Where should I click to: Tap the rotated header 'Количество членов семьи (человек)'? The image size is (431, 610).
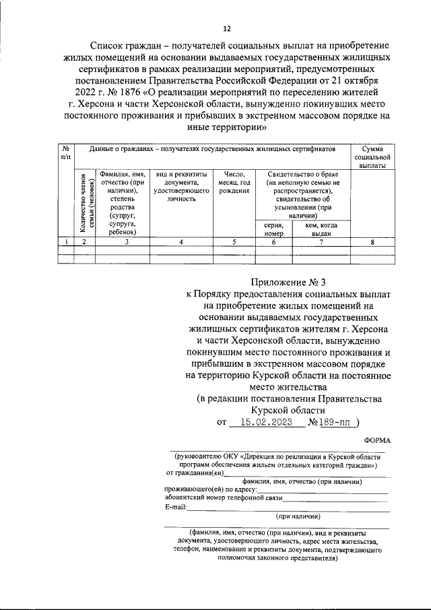(84, 202)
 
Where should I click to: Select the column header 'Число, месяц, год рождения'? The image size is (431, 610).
(234, 182)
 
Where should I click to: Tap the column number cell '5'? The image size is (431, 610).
(234, 241)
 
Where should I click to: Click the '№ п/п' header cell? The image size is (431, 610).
(66, 152)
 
